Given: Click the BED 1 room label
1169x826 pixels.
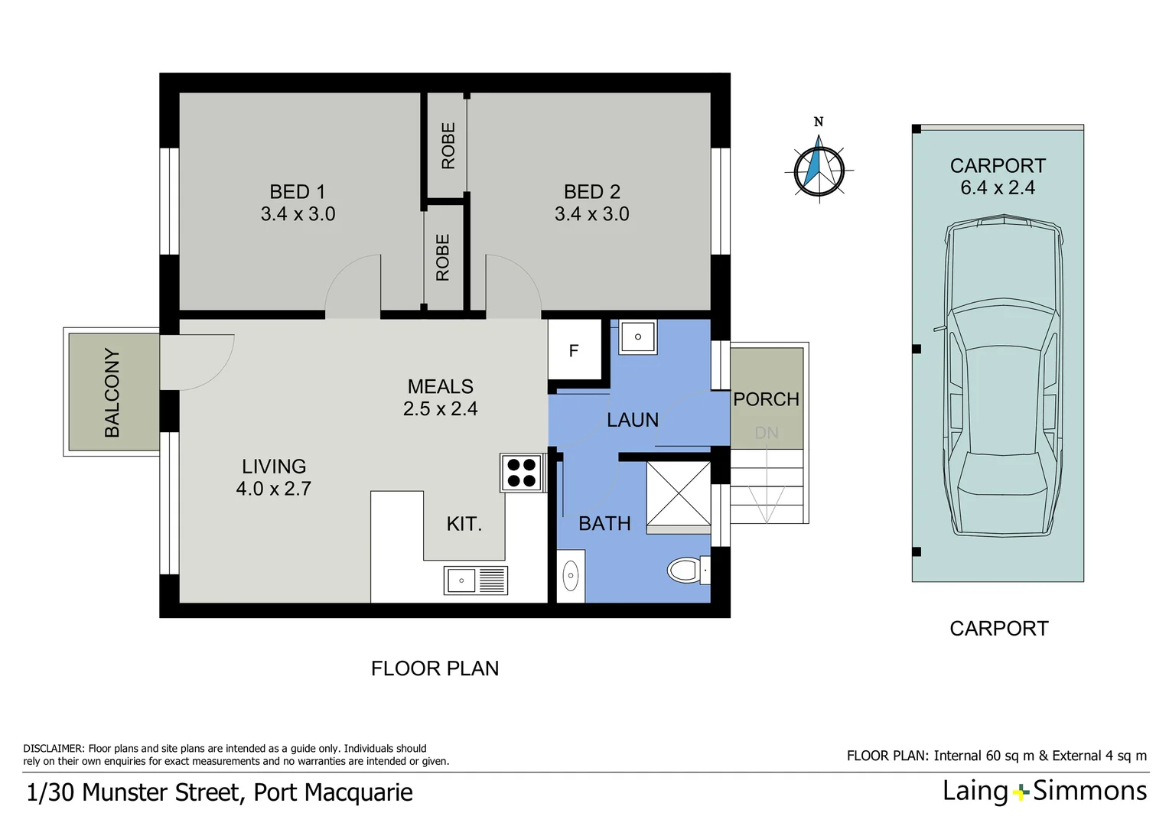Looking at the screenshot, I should (x=297, y=192).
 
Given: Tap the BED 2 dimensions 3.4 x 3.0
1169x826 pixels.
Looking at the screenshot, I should (x=591, y=214).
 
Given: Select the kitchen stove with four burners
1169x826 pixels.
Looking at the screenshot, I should (x=522, y=472).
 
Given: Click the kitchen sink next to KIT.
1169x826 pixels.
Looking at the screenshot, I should (x=475, y=580).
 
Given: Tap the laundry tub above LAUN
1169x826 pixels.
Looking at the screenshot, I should (x=637, y=337).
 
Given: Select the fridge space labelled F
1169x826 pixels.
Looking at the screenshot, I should (x=574, y=351).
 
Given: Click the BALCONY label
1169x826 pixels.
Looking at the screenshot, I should (x=112, y=392).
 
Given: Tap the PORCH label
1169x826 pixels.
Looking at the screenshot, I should (x=766, y=399).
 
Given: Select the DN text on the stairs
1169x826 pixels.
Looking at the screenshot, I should (x=766, y=433).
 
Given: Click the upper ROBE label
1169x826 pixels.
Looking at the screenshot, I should (x=448, y=145).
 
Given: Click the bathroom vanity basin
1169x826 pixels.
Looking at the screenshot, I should (x=571, y=576).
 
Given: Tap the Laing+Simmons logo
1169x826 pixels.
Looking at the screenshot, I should (x=1044, y=791).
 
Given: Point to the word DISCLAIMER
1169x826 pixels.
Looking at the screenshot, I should (x=53, y=749).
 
